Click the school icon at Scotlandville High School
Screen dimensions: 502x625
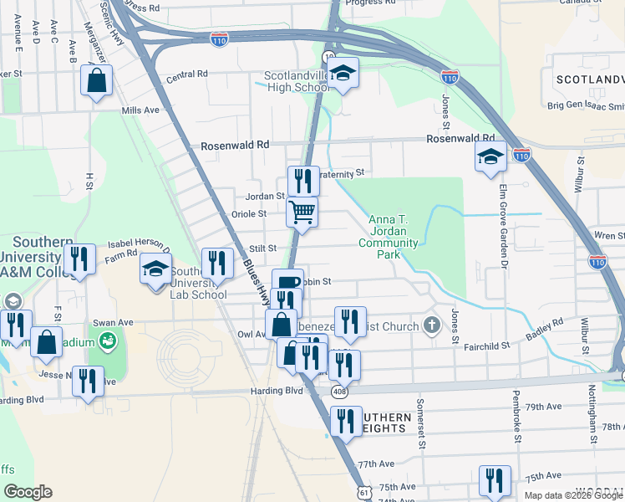[x=343, y=74]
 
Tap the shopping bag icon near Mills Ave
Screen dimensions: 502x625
[x=97, y=81]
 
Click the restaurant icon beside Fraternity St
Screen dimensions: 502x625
[x=303, y=180]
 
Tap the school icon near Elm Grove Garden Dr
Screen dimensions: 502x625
[x=490, y=156]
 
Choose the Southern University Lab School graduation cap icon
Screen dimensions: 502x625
[x=155, y=269]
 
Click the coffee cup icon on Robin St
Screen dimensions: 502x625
[x=287, y=283]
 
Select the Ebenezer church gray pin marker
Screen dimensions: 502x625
[x=431, y=325]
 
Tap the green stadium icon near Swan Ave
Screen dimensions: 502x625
[x=106, y=341]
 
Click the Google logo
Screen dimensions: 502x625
[x=28, y=492]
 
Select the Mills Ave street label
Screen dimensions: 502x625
[x=140, y=110]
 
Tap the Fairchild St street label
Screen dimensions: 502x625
[x=488, y=345]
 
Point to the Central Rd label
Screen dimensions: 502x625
[x=186, y=74]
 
